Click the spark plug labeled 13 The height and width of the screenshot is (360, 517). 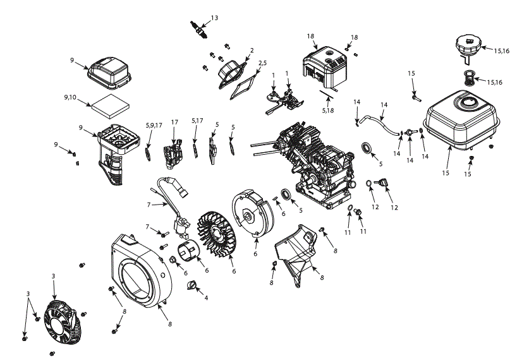pos(198,30)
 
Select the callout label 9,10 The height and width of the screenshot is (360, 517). pos(70,97)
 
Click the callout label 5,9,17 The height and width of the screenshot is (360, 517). pos(154,126)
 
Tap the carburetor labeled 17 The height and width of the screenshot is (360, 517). pos(173,153)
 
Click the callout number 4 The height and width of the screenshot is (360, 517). pos(206,298)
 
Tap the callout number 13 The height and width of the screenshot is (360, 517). pos(214,18)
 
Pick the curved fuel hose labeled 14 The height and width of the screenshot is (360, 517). pos(379,124)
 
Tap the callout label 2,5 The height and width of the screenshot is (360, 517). pos(262,63)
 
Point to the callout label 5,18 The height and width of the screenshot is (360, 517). pos(328,111)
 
